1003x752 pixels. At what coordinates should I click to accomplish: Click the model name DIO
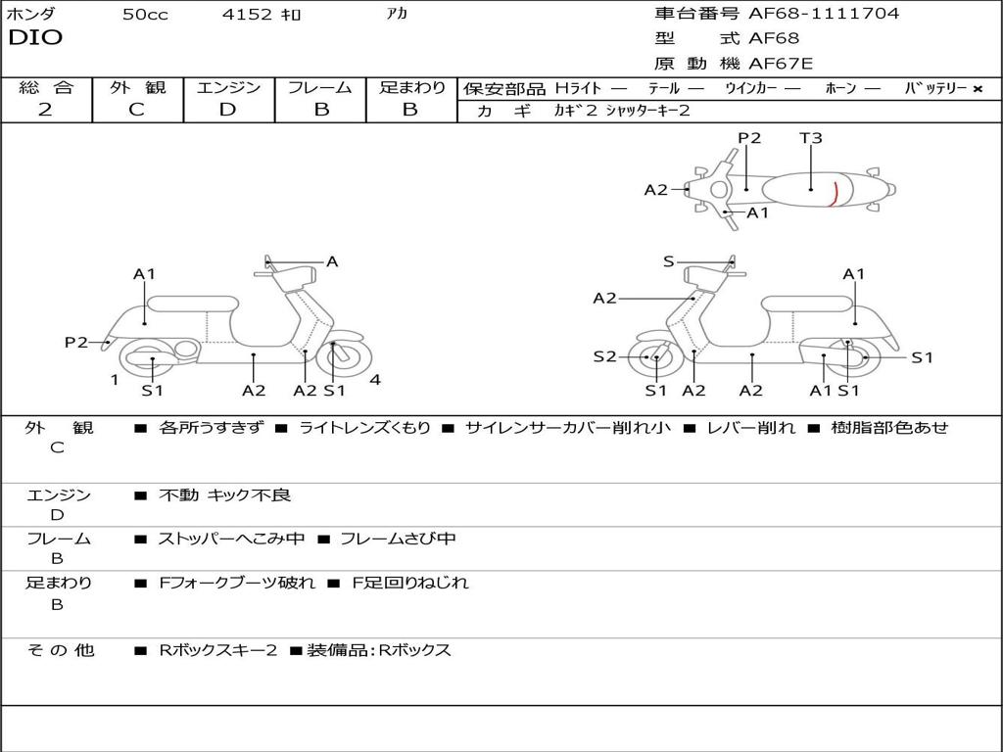[x=35, y=38]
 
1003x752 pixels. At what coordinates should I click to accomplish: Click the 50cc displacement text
[x=145, y=15]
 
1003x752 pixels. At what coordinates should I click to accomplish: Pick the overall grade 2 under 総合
[x=45, y=110]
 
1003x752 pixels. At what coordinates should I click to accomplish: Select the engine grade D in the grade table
[x=227, y=110]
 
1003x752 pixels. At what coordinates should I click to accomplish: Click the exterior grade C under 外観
[x=136, y=110]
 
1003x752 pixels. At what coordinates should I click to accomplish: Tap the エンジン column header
[x=228, y=88]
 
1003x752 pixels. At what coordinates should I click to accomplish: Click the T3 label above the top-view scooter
[x=810, y=138]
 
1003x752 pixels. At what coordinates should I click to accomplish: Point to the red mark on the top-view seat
[x=834, y=194]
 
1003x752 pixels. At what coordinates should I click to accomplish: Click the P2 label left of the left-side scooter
[x=76, y=343]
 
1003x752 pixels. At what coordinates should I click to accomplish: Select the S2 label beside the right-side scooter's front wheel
[x=604, y=357]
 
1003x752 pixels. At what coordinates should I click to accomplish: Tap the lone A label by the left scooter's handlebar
[x=332, y=261]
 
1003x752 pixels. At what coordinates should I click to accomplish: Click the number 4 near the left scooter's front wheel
[x=375, y=380]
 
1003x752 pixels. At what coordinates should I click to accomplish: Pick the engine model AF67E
[x=781, y=65]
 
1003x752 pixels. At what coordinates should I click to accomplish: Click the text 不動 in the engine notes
[x=178, y=495]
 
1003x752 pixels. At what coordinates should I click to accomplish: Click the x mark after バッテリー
[x=977, y=89]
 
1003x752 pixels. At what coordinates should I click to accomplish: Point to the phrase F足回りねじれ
[x=410, y=583]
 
